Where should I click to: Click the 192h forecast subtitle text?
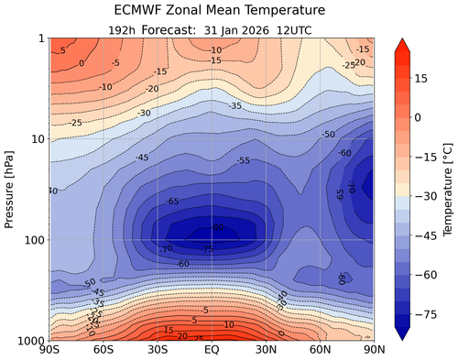212,28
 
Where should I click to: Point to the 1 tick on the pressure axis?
41,38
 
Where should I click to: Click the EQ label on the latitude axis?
212,352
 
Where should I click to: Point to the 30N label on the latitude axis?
267,352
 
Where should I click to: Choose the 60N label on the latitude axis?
321,352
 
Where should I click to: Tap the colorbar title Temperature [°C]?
446,189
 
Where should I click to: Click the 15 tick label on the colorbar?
423,79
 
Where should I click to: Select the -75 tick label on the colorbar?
426,312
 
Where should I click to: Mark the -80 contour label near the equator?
217,228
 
